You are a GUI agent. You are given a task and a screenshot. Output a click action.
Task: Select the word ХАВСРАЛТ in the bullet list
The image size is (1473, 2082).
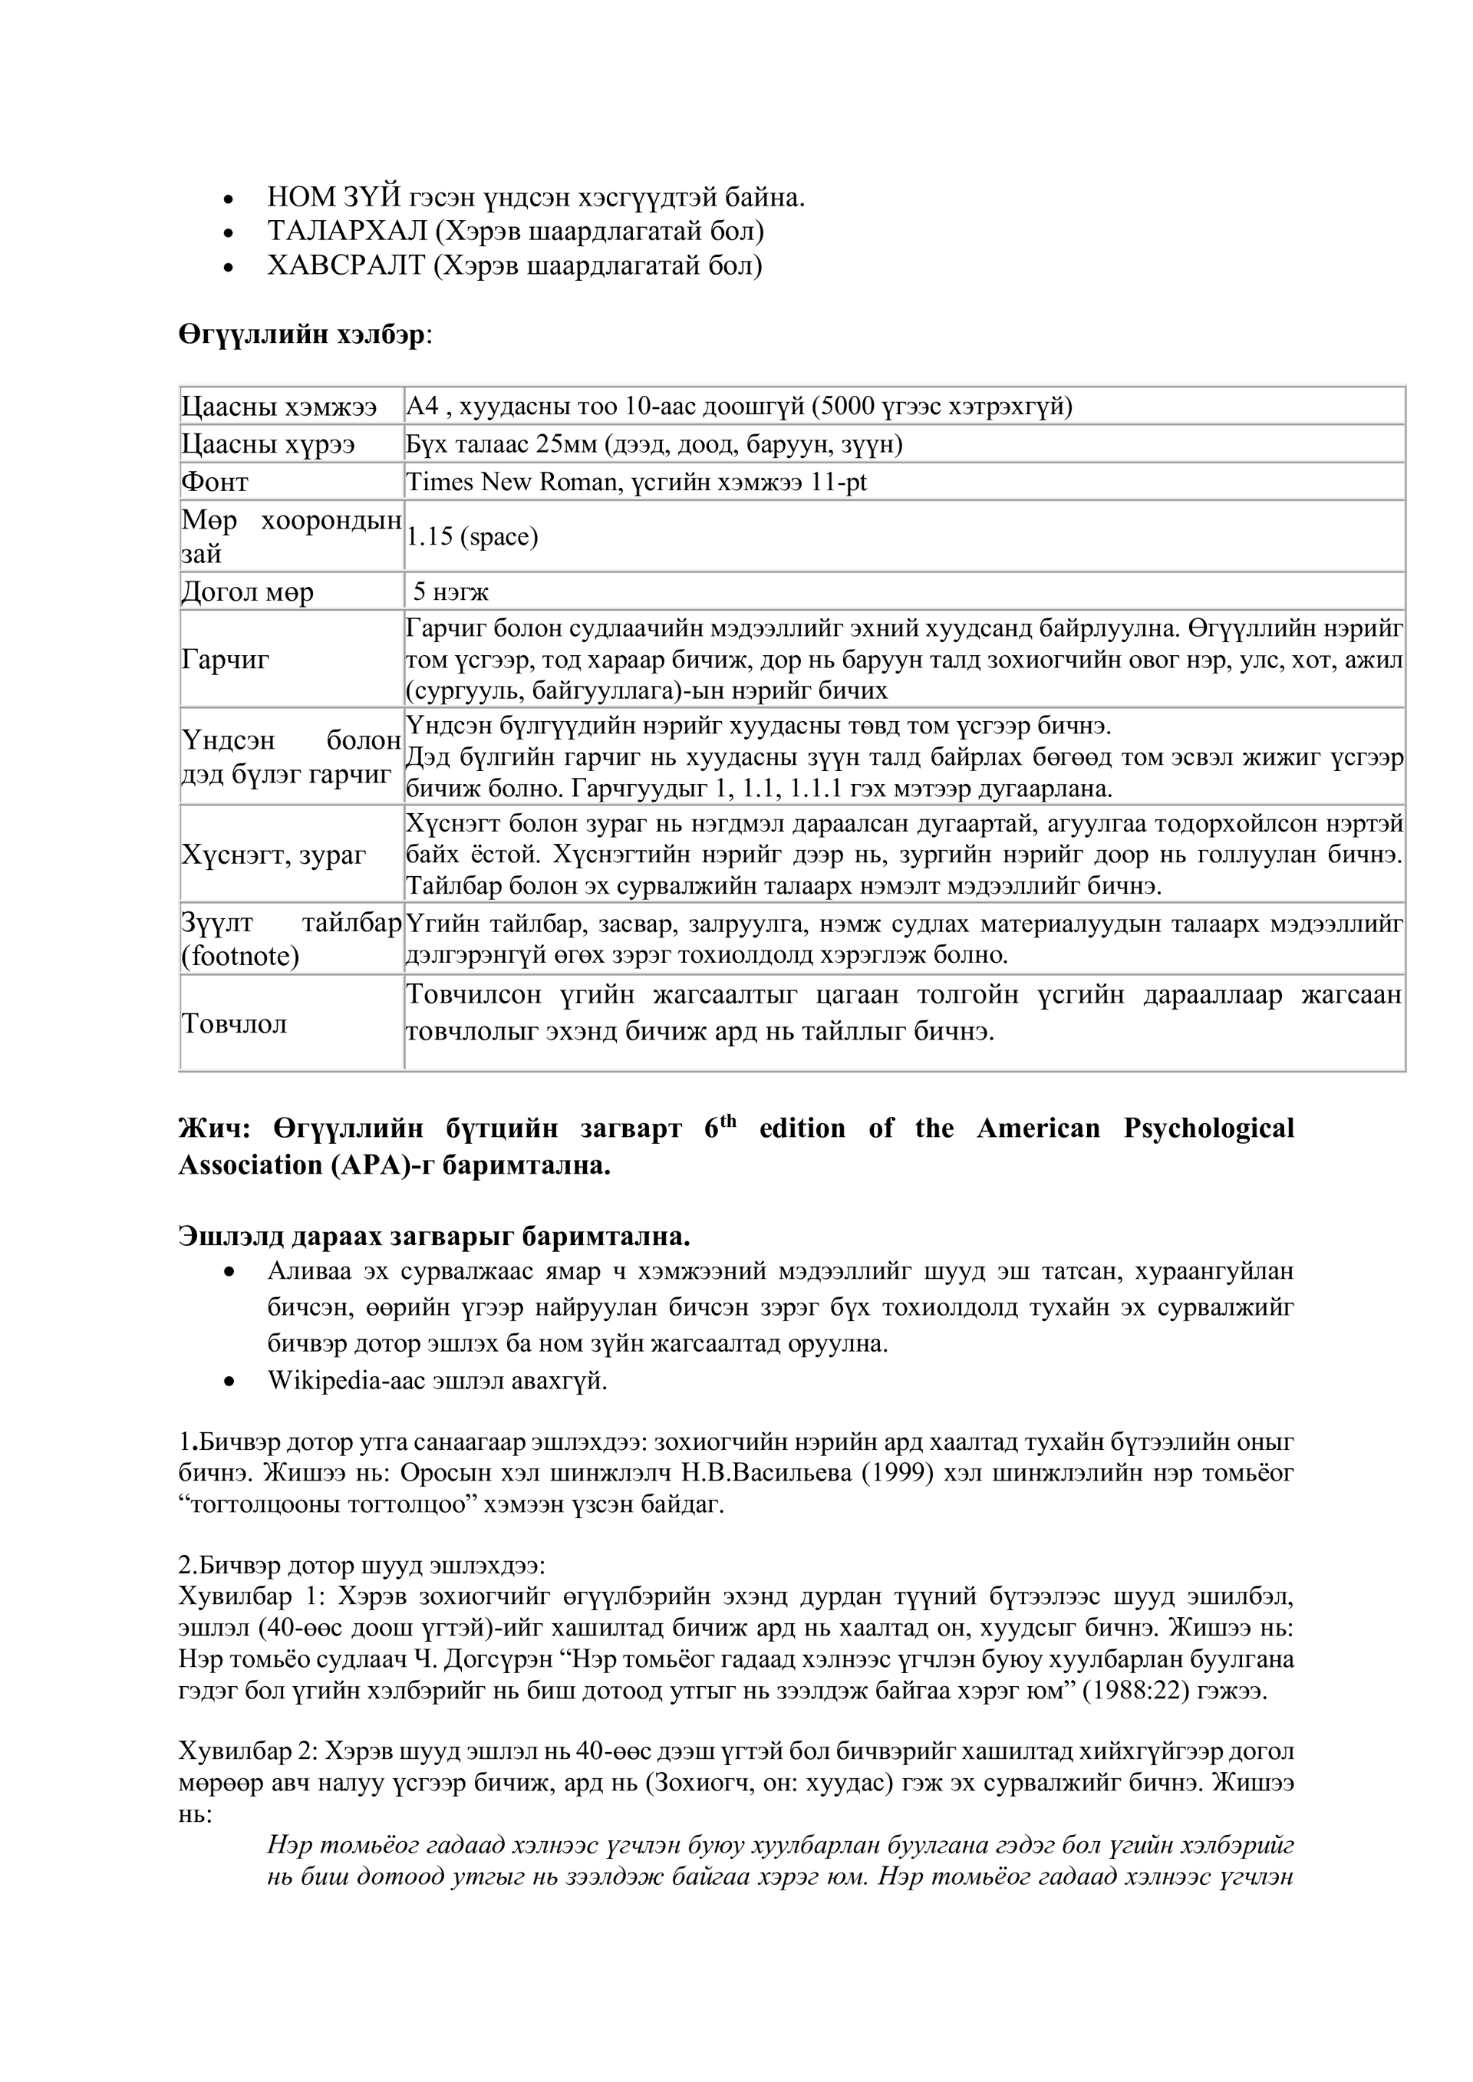click(x=345, y=267)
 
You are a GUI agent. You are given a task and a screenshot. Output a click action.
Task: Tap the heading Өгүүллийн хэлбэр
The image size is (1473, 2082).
click(x=302, y=334)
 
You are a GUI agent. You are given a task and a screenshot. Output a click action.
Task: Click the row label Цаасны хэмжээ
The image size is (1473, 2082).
click(x=278, y=407)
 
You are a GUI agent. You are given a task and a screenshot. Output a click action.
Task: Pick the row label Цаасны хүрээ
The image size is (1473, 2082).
click(x=268, y=444)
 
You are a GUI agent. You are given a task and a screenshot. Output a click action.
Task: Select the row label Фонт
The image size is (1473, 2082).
click(x=214, y=483)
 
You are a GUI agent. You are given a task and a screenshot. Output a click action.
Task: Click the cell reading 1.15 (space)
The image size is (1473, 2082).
click(x=472, y=537)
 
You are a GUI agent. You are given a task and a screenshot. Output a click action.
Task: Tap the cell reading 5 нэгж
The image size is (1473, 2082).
click(x=451, y=593)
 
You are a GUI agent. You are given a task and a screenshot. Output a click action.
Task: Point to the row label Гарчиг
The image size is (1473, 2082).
click(x=225, y=659)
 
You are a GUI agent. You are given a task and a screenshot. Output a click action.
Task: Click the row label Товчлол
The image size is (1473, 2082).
click(x=234, y=1024)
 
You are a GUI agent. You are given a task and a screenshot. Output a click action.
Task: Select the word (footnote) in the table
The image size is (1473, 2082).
click(x=239, y=957)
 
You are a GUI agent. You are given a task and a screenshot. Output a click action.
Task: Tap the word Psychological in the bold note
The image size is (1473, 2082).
click(x=1208, y=1129)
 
